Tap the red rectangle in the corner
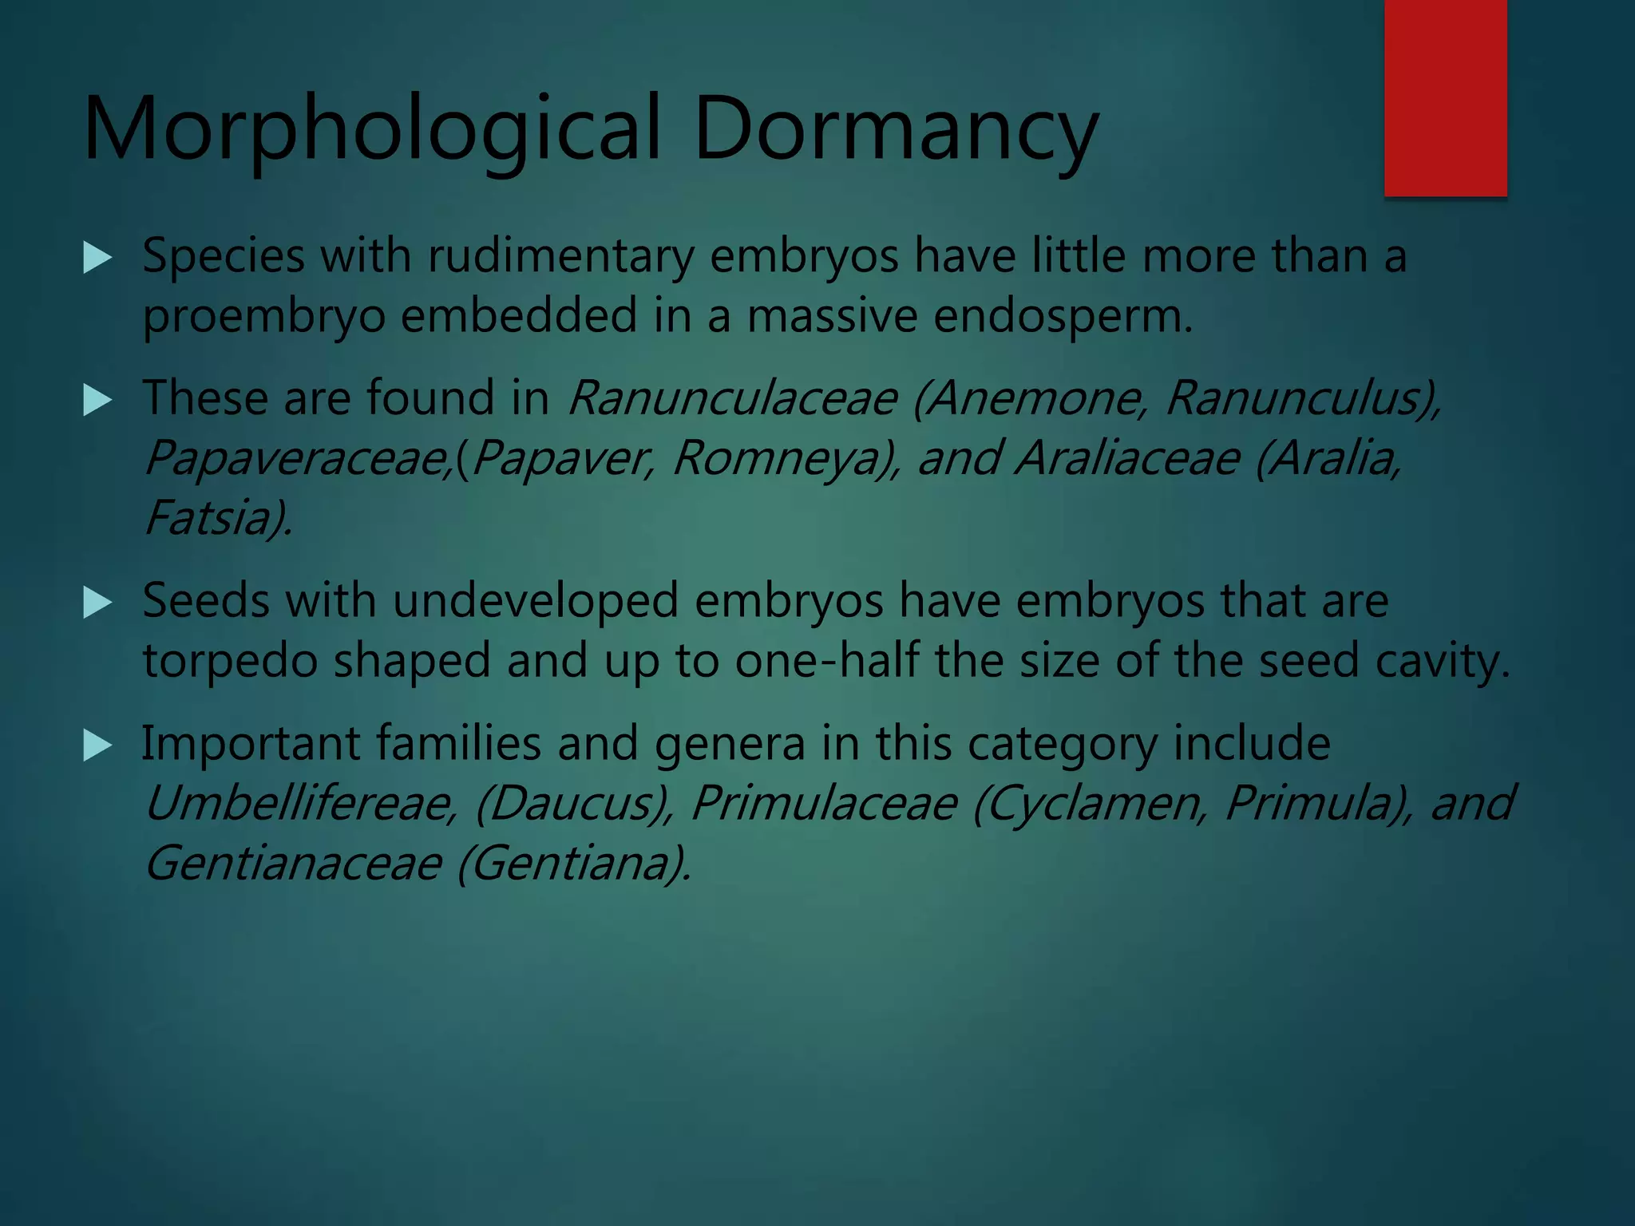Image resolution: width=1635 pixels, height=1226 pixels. point(1445,97)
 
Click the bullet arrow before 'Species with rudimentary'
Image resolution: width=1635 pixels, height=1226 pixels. point(97,258)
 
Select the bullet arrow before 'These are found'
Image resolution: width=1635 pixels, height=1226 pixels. point(97,400)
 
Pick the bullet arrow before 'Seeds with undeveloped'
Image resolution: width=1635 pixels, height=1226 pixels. point(97,603)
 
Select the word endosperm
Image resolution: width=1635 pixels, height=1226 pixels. point(1062,317)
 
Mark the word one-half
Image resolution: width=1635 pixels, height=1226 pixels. point(827,662)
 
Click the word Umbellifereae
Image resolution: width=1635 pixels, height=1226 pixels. point(300,804)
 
